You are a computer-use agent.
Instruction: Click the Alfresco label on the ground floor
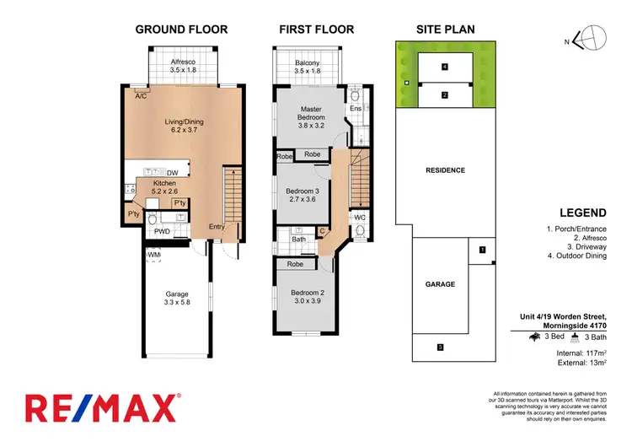182,62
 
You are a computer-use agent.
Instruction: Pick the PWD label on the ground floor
163,231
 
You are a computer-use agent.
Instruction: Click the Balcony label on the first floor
307,63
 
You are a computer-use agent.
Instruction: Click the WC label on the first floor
359,218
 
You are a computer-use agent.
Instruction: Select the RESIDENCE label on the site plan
444,170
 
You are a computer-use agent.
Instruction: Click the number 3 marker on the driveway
440,347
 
